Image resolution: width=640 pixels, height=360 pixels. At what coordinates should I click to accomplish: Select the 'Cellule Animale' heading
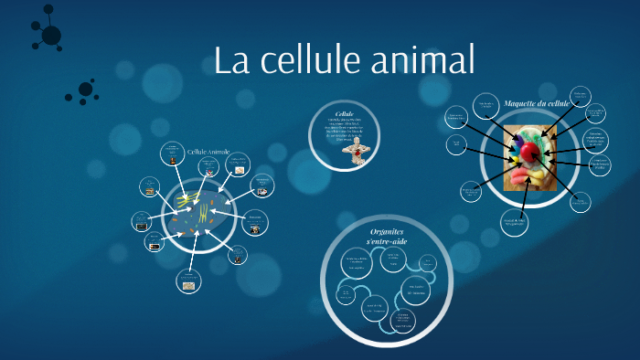pos(208,152)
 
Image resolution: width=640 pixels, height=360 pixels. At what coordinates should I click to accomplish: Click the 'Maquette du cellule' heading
pos(537,104)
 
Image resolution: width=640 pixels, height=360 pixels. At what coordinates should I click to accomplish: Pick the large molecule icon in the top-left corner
pos(50,35)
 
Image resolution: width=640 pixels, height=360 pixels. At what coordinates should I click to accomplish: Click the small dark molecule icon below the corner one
pos(85,90)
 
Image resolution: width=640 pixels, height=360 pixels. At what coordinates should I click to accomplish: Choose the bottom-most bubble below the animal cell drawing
pos(187,285)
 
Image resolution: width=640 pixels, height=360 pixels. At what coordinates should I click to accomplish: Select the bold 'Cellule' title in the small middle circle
pos(344,114)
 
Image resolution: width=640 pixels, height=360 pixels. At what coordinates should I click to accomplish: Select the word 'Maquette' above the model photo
pos(520,104)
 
